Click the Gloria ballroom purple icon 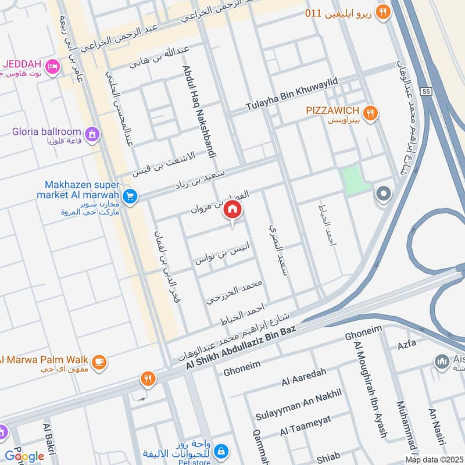pos(92,135)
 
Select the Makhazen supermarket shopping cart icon pos(130,196)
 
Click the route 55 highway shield pos(427,92)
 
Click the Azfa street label pos(407,344)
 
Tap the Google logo pos(24,456)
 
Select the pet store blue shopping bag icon pos(221,450)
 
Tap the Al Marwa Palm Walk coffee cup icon pos(99,362)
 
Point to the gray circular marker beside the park pos(383,194)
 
